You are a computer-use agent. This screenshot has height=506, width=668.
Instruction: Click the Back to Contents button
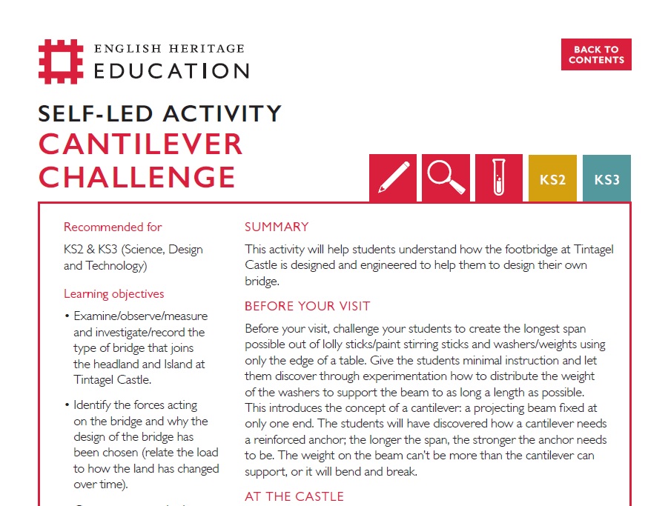coord(596,55)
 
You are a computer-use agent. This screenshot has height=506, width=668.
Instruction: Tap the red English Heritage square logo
coord(61,61)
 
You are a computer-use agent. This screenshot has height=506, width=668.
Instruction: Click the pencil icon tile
coord(393,178)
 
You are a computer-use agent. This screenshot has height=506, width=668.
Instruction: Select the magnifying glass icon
coord(446,178)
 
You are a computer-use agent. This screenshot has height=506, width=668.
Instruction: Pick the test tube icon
coord(499,178)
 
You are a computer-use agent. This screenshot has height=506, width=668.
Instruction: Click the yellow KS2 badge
coord(552,179)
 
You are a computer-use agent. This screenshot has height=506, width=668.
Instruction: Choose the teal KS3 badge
coord(606,179)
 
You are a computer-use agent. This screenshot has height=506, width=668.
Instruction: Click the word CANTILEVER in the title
coord(141,144)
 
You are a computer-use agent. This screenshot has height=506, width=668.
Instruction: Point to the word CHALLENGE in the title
coord(137,177)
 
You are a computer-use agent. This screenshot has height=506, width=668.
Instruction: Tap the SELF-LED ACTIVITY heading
coord(159,113)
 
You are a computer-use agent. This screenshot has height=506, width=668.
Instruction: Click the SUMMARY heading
coord(277,227)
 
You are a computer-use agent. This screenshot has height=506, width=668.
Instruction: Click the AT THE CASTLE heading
coord(294,496)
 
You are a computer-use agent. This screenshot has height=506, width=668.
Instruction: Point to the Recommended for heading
coord(113,227)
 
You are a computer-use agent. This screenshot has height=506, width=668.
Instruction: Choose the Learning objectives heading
coord(114,293)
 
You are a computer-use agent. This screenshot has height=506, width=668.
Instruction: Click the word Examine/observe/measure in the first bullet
coord(141,316)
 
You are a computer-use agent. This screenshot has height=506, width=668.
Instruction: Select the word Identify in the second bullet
coord(98,405)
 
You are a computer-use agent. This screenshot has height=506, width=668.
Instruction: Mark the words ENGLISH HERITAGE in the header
coord(169,49)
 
